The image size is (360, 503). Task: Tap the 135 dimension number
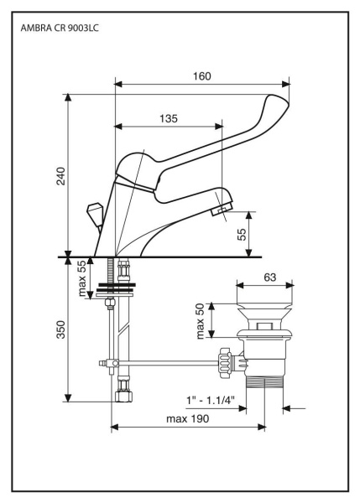168,119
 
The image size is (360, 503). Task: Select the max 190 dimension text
187,418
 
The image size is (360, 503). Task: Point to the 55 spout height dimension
243,233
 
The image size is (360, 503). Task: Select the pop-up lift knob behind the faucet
96,210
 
